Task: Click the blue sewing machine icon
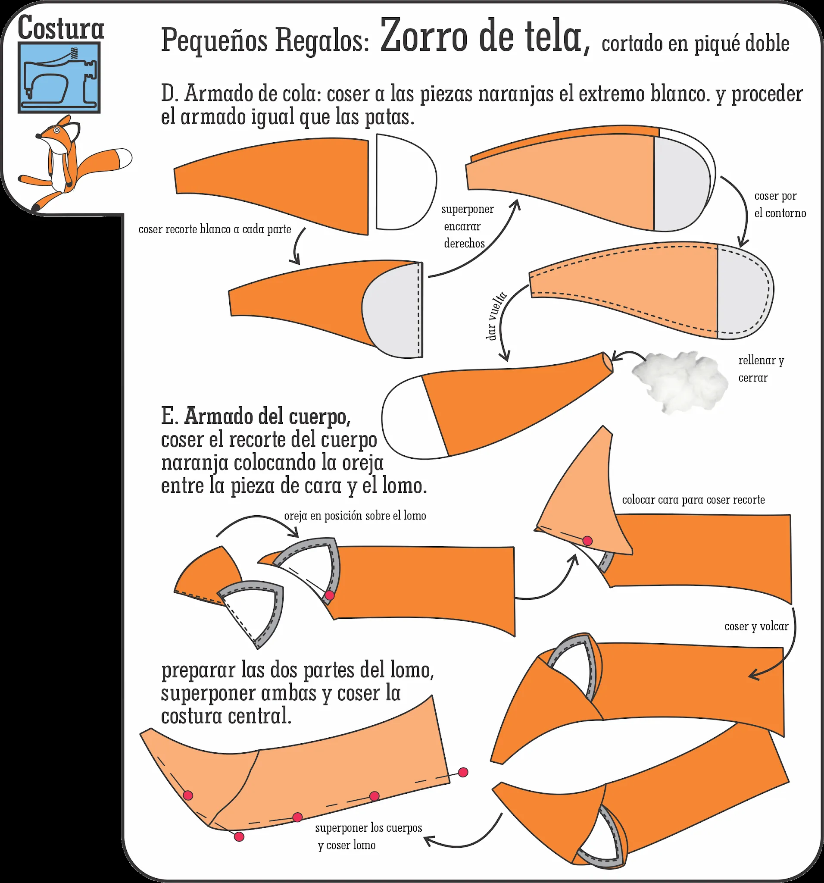tap(59, 78)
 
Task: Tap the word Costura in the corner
tap(60, 28)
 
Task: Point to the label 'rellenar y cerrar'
tap(761, 369)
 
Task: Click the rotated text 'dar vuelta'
tap(496, 316)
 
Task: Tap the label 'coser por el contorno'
tap(780, 204)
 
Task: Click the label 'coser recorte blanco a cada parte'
tap(215, 229)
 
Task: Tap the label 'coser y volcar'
tap(756, 626)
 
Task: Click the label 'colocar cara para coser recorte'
tap(693, 500)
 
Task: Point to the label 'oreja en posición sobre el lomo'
tap(355, 516)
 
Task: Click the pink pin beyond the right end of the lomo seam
tap(463, 772)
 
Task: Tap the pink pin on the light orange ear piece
tap(587, 541)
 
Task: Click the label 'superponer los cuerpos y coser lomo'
tap(368, 836)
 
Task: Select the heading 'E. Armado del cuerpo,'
tap(256, 416)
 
